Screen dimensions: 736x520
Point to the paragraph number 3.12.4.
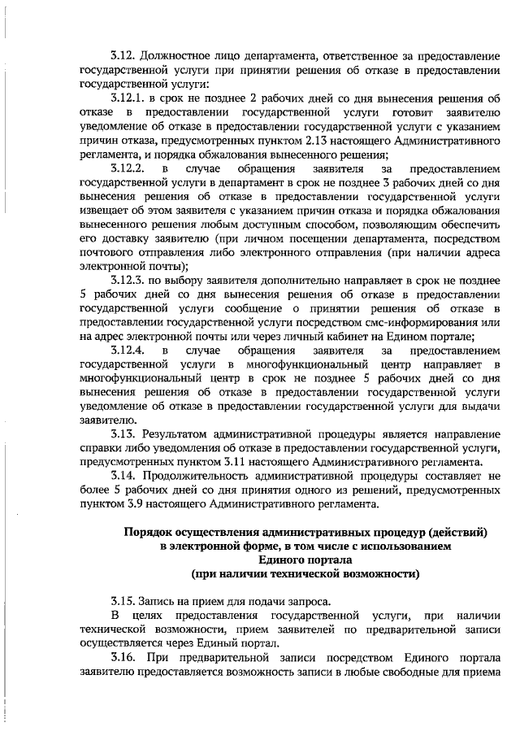129,351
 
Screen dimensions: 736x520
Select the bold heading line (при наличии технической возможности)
305,573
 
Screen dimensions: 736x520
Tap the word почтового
108,253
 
